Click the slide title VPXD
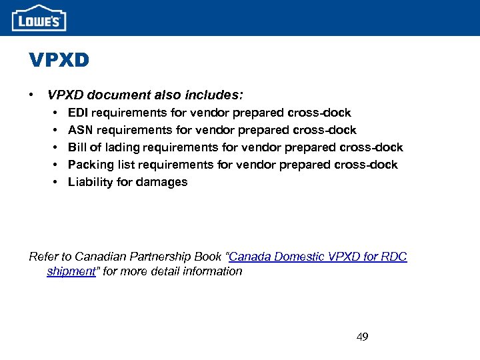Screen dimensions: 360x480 pyautogui.click(x=59, y=61)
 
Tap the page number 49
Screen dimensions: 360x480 pyautogui.click(x=362, y=337)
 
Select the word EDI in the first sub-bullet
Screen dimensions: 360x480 pyautogui.click(x=79, y=113)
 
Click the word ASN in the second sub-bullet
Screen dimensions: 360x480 pyautogui.click(x=80, y=130)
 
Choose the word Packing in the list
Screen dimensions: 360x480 pyautogui.click(x=91, y=165)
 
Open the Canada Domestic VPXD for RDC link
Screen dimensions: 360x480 pyautogui.click(x=318, y=257)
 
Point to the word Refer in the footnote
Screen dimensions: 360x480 pyautogui.click(x=43, y=257)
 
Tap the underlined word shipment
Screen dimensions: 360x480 pyautogui.click(x=71, y=271)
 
